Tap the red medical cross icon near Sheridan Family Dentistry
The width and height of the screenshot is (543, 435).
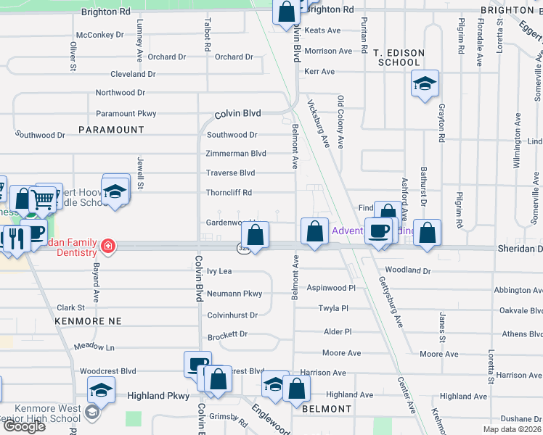pyautogui.click(x=107, y=246)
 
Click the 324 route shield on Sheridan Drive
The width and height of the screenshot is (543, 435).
pyautogui.click(x=242, y=249)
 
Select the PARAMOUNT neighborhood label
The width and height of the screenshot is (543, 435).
pyautogui.click(x=111, y=129)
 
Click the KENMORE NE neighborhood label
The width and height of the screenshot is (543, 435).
pyautogui.click(x=88, y=320)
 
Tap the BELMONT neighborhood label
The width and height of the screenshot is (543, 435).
pyautogui.click(x=327, y=409)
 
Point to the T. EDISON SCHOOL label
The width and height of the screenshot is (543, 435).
pyautogui.click(x=397, y=58)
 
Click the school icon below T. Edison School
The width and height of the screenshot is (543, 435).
pyautogui.click(x=425, y=83)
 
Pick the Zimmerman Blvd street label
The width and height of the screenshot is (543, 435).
pyautogui.click(x=236, y=154)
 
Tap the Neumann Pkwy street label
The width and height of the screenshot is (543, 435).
pyautogui.click(x=234, y=294)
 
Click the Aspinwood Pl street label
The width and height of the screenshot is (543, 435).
pyautogui.click(x=331, y=288)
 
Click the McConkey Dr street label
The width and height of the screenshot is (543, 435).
pyautogui.click(x=100, y=35)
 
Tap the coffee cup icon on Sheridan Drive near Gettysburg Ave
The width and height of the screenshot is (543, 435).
pyautogui.click(x=377, y=231)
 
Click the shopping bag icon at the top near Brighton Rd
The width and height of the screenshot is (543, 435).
pyautogui.click(x=287, y=12)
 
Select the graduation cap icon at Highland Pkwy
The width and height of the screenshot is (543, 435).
pyautogui.click(x=102, y=389)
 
